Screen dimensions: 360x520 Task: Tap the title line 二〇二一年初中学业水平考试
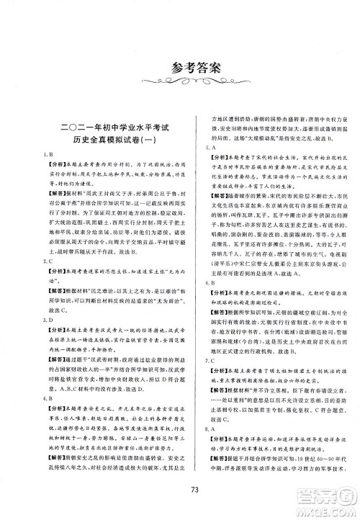(107, 127)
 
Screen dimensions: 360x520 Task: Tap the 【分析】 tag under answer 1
(53, 166)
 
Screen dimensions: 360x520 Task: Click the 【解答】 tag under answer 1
(53, 194)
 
